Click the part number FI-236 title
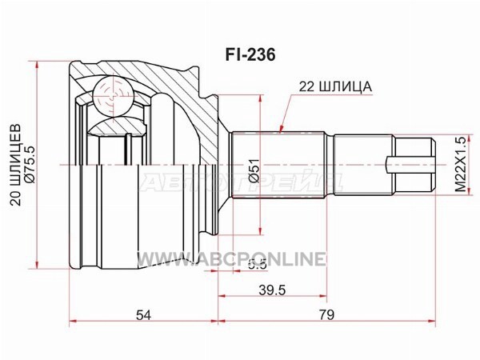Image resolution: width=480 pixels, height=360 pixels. pos(250,55)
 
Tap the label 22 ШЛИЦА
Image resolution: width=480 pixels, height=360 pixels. pos(335,86)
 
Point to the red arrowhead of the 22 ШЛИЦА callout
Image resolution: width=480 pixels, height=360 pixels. pos(282,128)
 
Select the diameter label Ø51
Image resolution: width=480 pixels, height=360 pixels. pos(254,170)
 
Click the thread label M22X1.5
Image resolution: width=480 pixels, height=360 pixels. pos(460,164)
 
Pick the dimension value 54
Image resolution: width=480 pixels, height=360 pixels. pos(143,314)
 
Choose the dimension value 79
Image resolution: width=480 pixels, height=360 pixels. pos(326,314)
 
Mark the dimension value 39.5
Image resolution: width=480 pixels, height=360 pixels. pos(272,290)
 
